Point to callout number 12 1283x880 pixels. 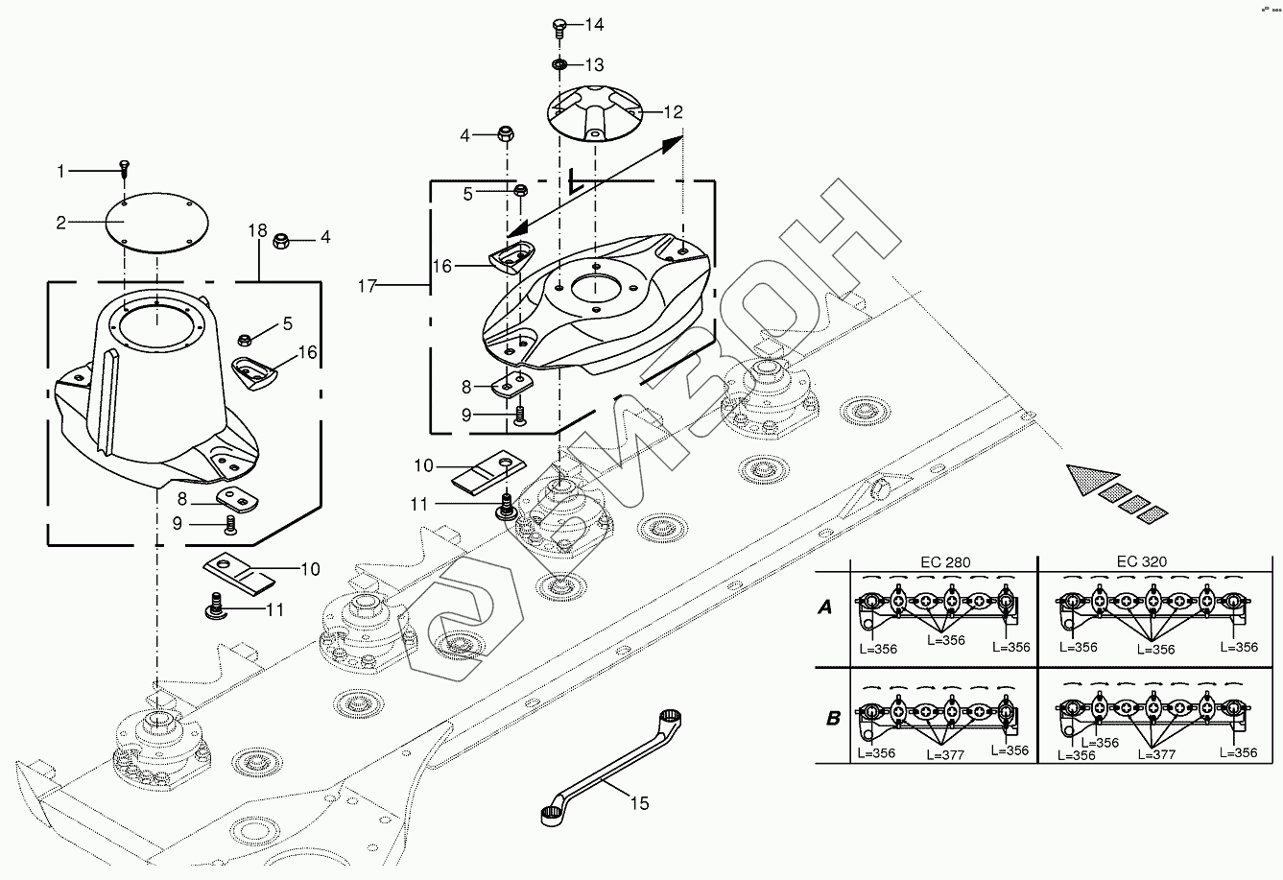[x=673, y=112]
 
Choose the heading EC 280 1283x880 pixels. [x=942, y=561]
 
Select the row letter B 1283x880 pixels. [x=832, y=717]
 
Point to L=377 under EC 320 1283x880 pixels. [x=1157, y=754]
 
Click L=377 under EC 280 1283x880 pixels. [x=946, y=754]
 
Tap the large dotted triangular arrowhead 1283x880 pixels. [x=1089, y=478]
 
